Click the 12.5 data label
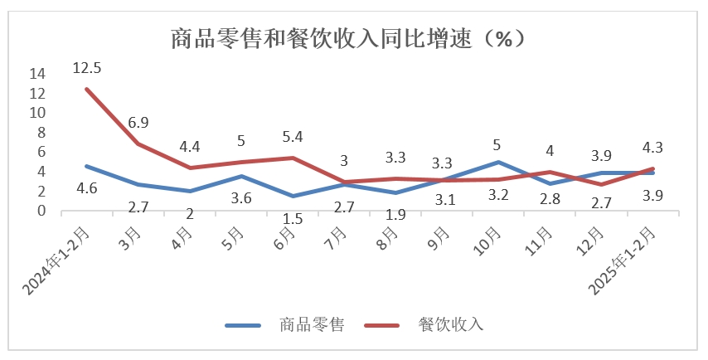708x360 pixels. pyautogui.click(x=86, y=67)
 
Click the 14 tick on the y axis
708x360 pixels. pyautogui.click(x=36, y=73)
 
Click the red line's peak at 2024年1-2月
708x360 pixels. pyautogui.click(x=87, y=89)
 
